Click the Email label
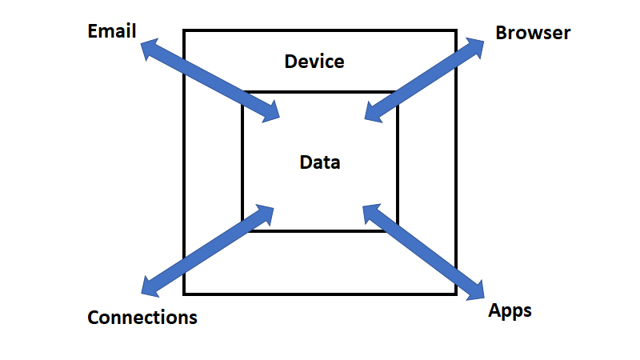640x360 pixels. click(x=113, y=31)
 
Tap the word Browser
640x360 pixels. click(x=533, y=33)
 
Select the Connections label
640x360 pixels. click(x=142, y=317)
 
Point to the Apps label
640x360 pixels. click(x=510, y=310)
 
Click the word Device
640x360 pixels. click(x=314, y=61)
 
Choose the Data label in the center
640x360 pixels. click(x=320, y=162)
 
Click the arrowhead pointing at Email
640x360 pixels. click(x=150, y=49)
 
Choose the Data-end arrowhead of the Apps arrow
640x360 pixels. click(x=372, y=213)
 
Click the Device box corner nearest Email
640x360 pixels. click(x=184, y=30)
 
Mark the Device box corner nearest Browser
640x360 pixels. click(x=456, y=30)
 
